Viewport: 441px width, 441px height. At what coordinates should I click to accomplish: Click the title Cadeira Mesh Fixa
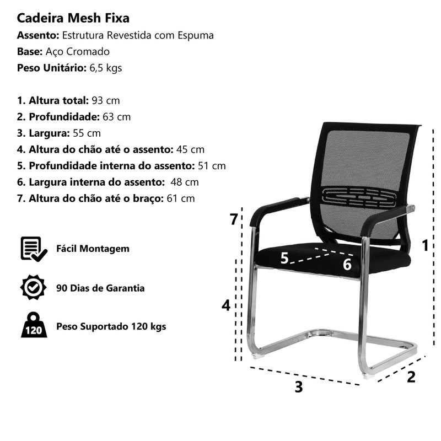(x=73, y=18)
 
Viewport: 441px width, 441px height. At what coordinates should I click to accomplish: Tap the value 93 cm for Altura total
(x=106, y=100)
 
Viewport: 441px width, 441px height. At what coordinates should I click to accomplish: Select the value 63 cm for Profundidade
(x=117, y=117)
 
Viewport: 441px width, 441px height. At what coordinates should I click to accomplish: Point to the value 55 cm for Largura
(x=87, y=133)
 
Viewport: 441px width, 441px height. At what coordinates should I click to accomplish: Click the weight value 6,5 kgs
(x=106, y=68)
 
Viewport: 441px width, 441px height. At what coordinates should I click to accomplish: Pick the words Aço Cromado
(x=78, y=52)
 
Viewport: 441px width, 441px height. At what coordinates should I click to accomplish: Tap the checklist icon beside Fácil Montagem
(x=34, y=249)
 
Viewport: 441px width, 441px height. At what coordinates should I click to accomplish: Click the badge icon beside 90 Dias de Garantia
(x=34, y=287)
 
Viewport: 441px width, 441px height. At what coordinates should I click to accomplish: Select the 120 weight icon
(x=34, y=325)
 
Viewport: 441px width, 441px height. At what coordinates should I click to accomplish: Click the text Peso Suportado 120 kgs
(x=111, y=326)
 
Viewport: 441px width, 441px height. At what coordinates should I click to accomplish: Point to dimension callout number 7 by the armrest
(x=234, y=219)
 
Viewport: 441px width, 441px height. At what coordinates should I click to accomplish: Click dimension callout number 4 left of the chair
(x=226, y=305)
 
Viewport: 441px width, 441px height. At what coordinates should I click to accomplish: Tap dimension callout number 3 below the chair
(x=299, y=387)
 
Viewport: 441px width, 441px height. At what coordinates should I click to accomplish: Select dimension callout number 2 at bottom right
(x=411, y=377)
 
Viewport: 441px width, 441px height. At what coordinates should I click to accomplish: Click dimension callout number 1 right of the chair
(x=425, y=245)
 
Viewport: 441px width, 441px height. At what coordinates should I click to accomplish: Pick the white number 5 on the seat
(x=284, y=258)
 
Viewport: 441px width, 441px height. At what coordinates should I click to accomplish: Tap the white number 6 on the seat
(x=347, y=265)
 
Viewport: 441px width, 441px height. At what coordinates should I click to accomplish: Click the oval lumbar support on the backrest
(x=359, y=197)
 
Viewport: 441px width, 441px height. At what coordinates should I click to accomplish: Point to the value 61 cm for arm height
(x=181, y=198)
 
